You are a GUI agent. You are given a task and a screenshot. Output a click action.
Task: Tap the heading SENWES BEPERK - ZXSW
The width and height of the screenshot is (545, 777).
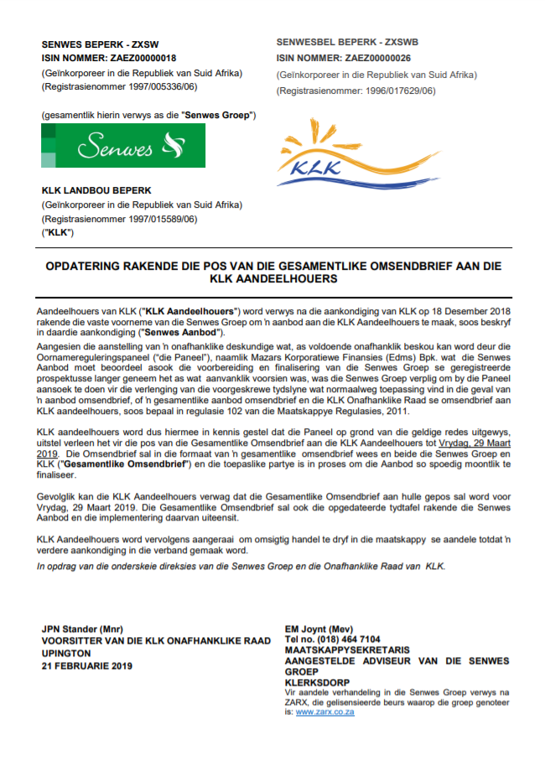point(99,43)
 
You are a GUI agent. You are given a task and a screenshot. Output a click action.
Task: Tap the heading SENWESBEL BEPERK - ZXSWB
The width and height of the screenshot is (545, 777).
point(347,42)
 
